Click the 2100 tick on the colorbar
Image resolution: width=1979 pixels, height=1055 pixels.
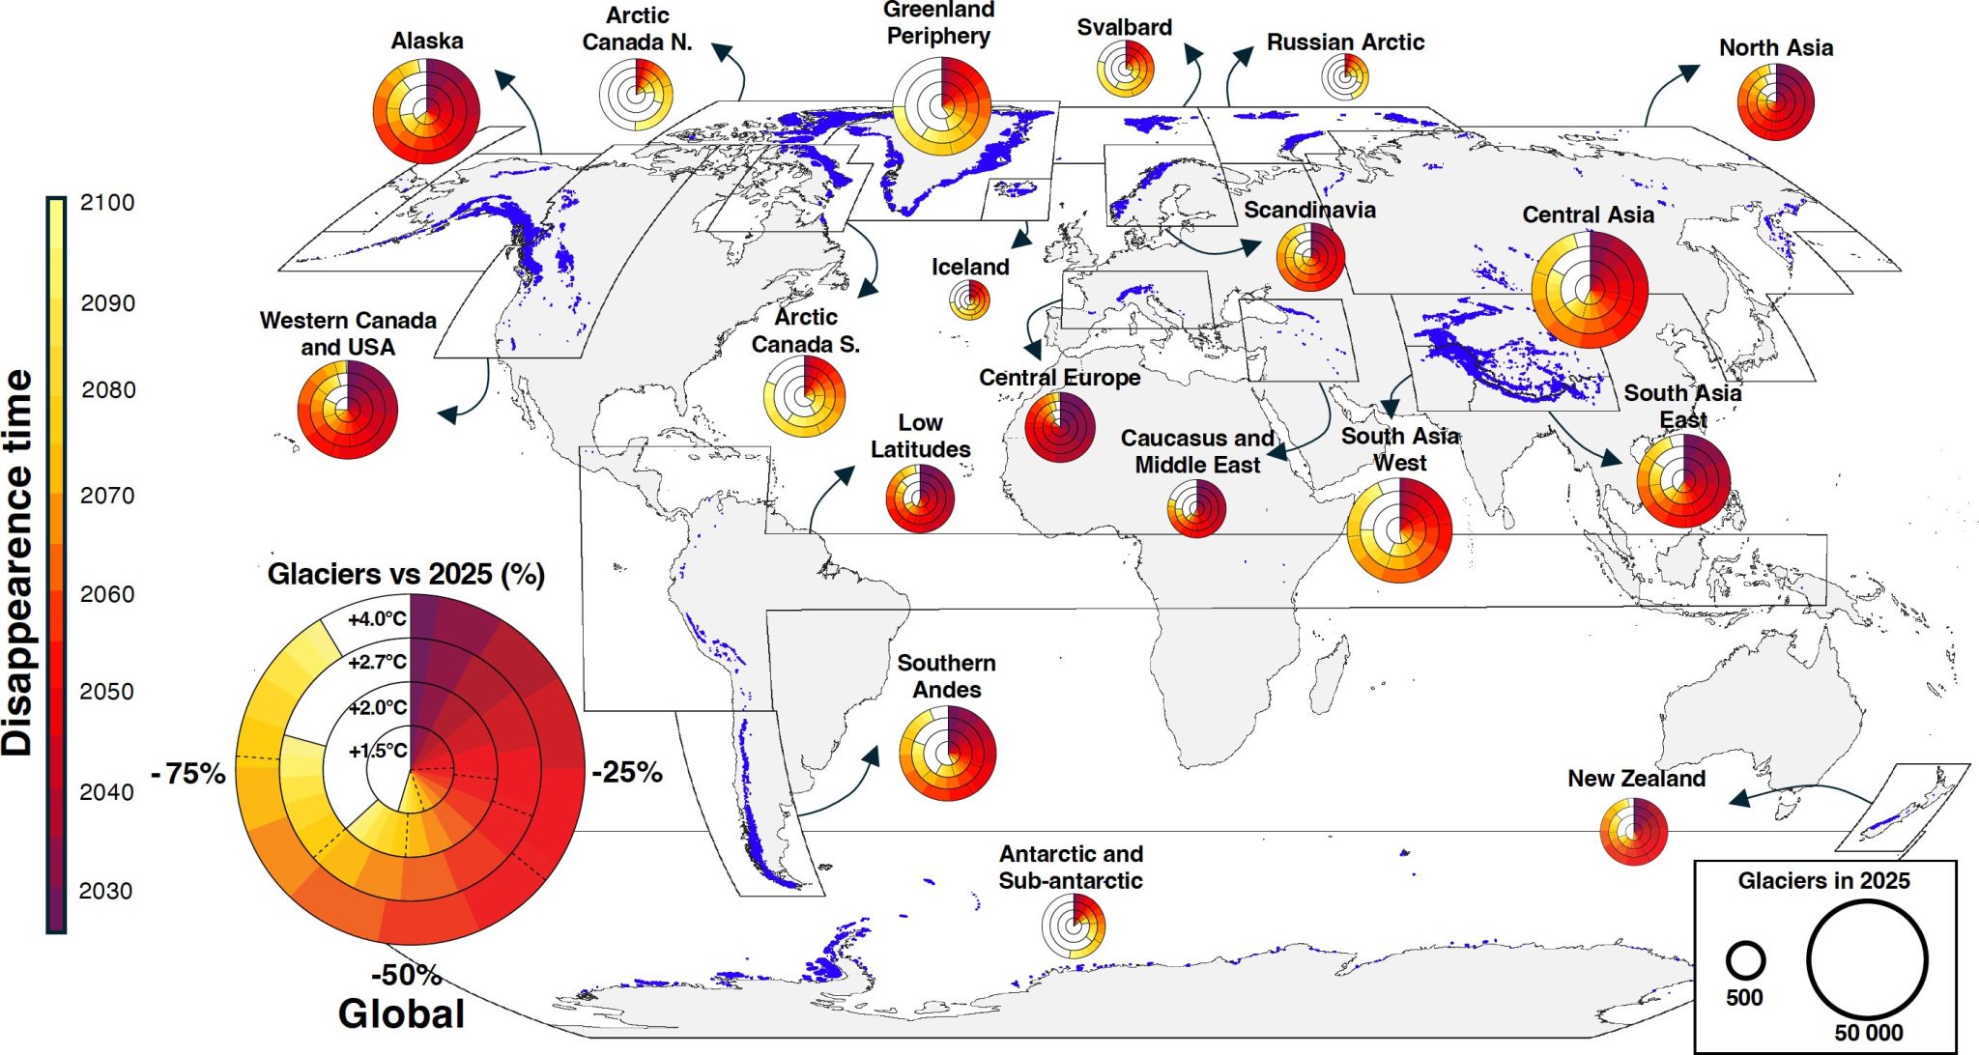pyautogui.click(x=106, y=203)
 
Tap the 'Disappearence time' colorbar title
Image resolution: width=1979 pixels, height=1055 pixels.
pyautogui.click(x=17, y=562)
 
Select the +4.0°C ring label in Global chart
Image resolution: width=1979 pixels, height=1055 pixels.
pyautogui.click(x=377, y=619)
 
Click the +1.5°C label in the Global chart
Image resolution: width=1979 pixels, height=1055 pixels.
pyautogui.click(x=378, y=751)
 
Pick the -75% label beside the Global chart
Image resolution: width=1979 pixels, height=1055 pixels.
pyautogui.click(x=188, y=773)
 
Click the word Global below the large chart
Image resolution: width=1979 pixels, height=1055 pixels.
pyautogui.click(x=401, y=1013)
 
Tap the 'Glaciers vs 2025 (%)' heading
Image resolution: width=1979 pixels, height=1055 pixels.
pyautogui.click(x=406, y=574)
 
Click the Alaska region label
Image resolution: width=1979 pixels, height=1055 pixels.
pyautogui.click(x=426, y=41)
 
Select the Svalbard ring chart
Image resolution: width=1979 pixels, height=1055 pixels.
pyautogui.click(x=1126, y=69)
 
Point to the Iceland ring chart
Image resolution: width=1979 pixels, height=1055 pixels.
pyautogui.click(x=969, y=299)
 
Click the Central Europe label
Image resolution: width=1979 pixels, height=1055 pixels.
pyautogui.click(x=1059, y=377)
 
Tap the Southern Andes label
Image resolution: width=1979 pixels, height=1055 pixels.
pyautogui.click(x=946, y=676)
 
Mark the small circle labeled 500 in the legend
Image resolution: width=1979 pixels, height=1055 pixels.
pyautogui.click(x=1745, y=960)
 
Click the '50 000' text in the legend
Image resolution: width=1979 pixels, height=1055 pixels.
pyautogui.click(x=1868, y=1033)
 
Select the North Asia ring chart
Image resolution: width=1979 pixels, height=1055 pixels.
pyautogui.click(x=1775, y=101)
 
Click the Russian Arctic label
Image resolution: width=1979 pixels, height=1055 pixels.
pyautogui.click(x=1345, y=43)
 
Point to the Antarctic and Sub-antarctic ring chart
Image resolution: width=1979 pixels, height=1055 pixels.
pyautogui.click(x=1073, y=926)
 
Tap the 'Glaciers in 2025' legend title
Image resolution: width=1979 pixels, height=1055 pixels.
pyautogui.click(x=1823, y=880)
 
